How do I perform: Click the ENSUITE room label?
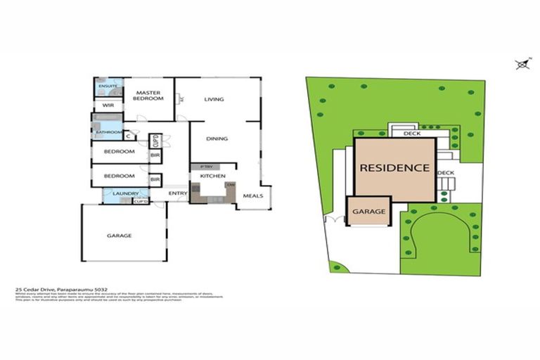point(108,86)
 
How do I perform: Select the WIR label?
point(108,105)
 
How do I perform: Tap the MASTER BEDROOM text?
point(149,96)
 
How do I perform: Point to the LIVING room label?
point(214,99)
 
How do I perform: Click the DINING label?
point(217,139)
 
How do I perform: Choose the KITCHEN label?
point(212,175)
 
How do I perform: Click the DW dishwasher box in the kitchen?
point(230,185)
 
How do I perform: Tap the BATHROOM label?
point(109,131)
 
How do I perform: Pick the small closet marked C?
point(127,136)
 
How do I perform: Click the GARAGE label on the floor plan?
point(119,236)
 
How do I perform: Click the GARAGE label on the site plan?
point(368,211)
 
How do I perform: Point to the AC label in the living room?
point(181,100)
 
